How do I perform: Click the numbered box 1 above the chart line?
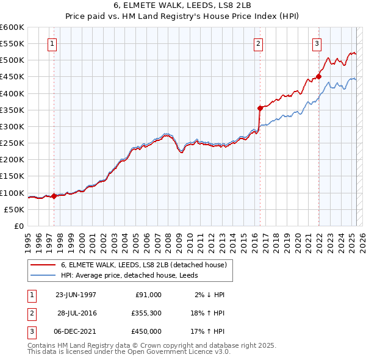point(52,43)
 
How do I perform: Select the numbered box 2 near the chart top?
point(259,43)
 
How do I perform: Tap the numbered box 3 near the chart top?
point(317,43)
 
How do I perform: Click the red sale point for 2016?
point(260,108)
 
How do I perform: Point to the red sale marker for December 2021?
point(318,77)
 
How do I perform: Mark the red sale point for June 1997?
point(54,196)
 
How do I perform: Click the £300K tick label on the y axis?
point(12,126)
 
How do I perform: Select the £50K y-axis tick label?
point(14,209)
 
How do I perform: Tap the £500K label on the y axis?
point(12,60)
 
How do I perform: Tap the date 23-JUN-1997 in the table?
point(76,294)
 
